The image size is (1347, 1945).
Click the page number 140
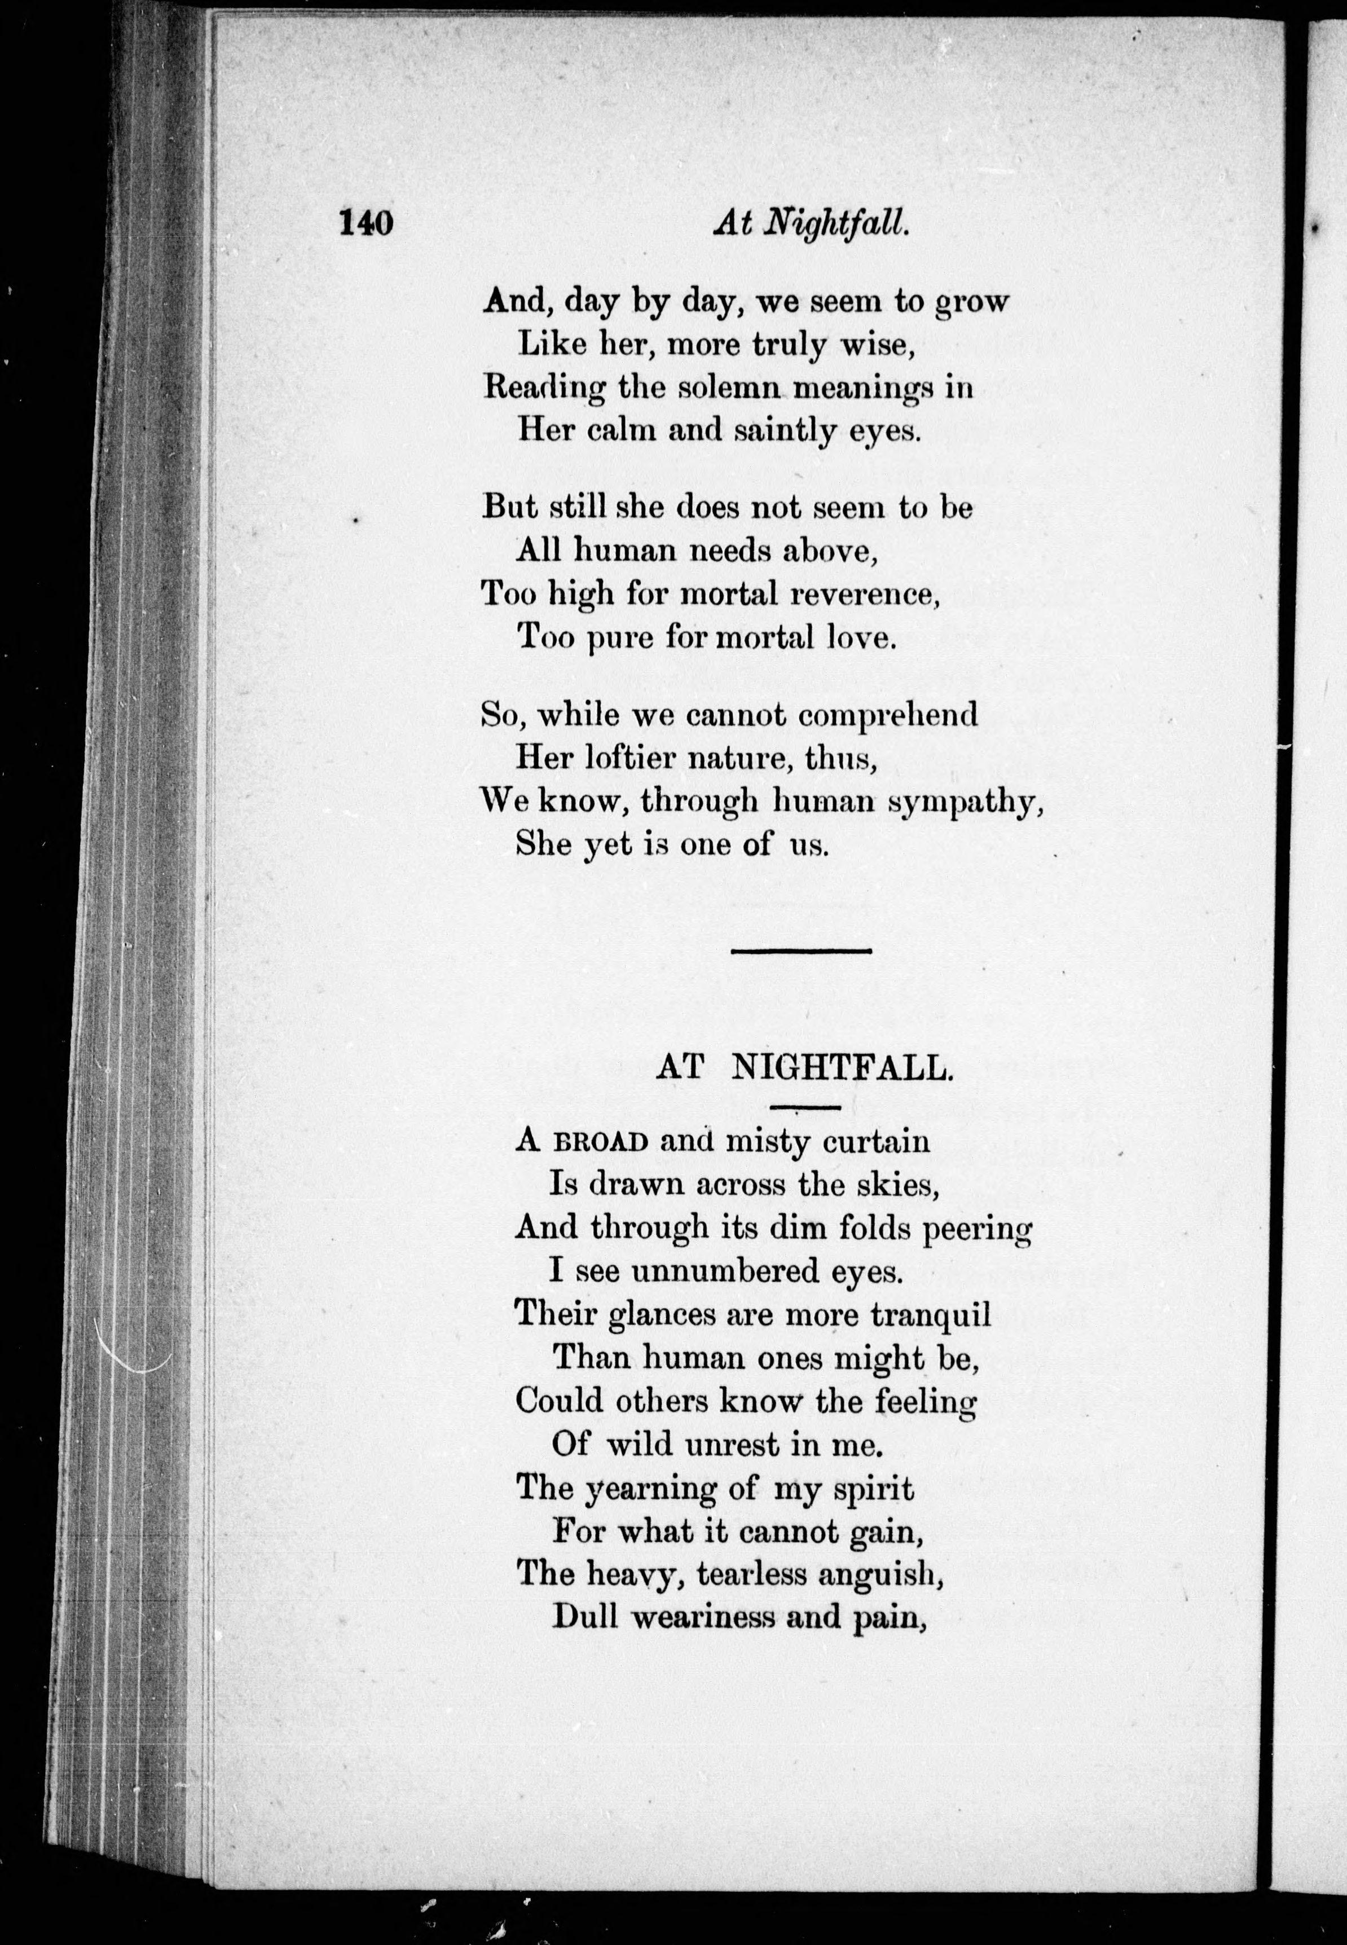tap(366, 223)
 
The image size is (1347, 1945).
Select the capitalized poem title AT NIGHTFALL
tap(803, 1068)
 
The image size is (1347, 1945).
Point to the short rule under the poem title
tap(805, 1106)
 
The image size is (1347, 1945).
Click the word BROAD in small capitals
tap(600, 1142)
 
